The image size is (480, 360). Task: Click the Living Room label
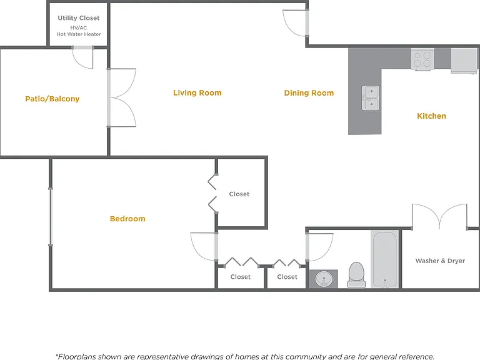(x=197, y=92)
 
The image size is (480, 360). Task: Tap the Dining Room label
(x=309, y=93)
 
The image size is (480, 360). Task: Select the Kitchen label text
(x=431, y=116)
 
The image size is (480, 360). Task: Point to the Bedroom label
(x=127, y=219)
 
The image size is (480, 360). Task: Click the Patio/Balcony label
(x=52, y=99)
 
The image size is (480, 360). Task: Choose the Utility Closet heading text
(x=79, y=18)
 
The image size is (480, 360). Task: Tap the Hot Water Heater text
(x=79, y=34)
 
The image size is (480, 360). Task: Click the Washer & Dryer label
(x=440, y=261)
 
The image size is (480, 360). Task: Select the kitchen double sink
(x=371, y=98)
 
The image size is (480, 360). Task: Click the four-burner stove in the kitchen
(x=422, y=59)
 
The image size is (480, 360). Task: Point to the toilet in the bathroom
(x=356, y=274)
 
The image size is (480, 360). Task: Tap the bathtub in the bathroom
(x=384, y=259)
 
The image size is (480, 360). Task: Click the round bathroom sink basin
(x=324, y=279)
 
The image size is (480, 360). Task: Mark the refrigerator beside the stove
(x=464, y=60)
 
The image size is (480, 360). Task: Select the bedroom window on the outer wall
(x=51, y=217)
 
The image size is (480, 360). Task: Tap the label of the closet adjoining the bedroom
(x=239, y=194)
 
